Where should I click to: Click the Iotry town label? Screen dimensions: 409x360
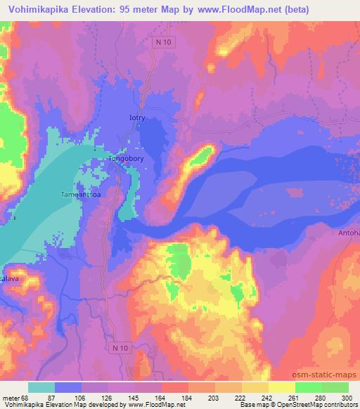point(136,118)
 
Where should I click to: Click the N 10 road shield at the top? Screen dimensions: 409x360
point(163,42)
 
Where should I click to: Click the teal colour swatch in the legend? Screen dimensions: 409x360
point(41,387)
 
